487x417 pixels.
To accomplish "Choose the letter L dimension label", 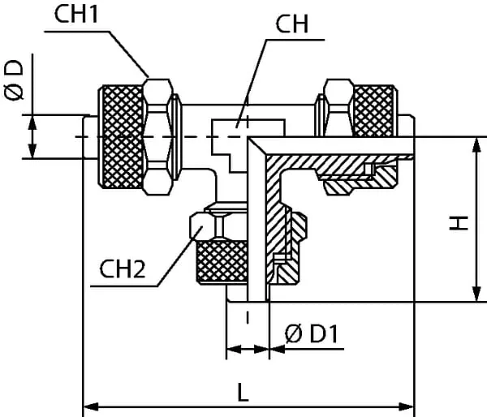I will click(x=243, y=392).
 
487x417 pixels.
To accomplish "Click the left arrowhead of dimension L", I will click(x=89, y=404).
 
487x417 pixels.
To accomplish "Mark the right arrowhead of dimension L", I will click(x=409, y=404).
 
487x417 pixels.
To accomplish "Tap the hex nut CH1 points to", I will click(x=159, y=135).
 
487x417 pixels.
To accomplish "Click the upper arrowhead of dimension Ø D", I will click(x=32, y=121).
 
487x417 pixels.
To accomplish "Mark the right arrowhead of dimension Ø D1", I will click(x=274, y=350).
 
